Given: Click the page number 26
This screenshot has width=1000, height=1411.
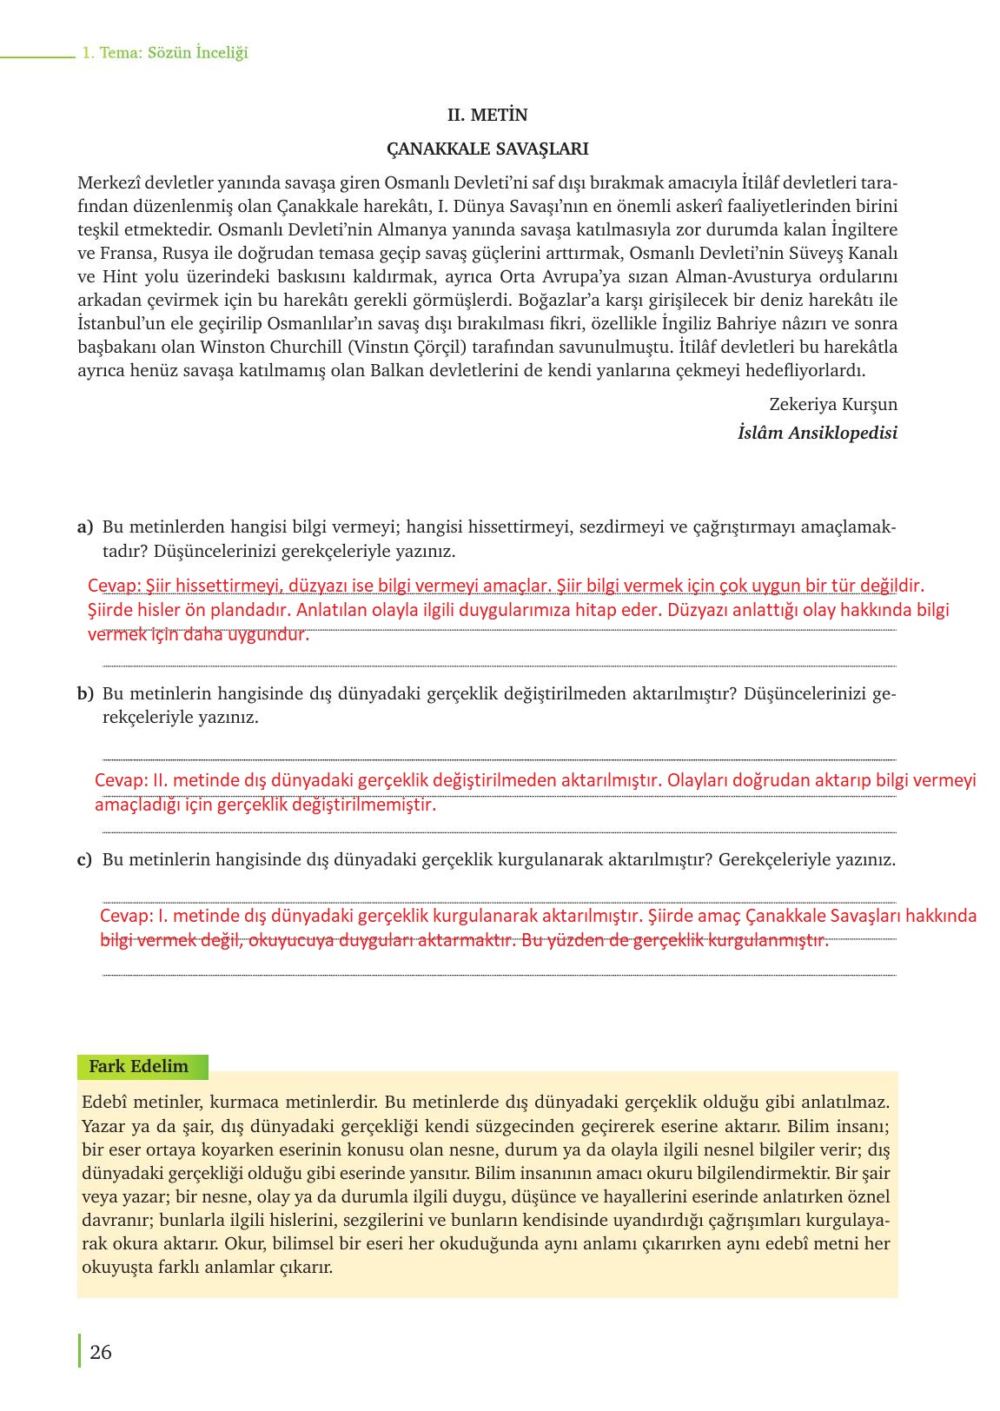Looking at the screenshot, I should click(101, 1352).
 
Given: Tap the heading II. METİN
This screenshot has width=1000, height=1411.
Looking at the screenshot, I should click(487, 115).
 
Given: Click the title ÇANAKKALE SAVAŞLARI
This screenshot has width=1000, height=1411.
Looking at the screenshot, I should click(487, 149).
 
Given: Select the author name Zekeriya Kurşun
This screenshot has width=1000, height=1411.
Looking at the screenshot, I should click(833, 404).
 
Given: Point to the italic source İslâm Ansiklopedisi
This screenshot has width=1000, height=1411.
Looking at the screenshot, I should click(817, 433).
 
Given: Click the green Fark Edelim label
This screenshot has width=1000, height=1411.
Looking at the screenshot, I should click(139, 1066).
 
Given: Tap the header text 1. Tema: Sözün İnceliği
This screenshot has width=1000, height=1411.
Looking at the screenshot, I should click(165, 52).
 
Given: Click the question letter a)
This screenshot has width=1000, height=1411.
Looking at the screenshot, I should click(85, 527).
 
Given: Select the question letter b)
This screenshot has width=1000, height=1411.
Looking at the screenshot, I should click(85, 693).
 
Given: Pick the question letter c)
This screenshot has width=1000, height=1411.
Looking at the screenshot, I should click(84, 859).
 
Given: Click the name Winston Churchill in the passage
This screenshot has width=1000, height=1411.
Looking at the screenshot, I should click(270, 348).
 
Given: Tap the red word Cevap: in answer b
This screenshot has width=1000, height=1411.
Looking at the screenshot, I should click(121, 780).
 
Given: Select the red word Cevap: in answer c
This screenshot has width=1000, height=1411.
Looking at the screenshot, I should click(126, 916).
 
